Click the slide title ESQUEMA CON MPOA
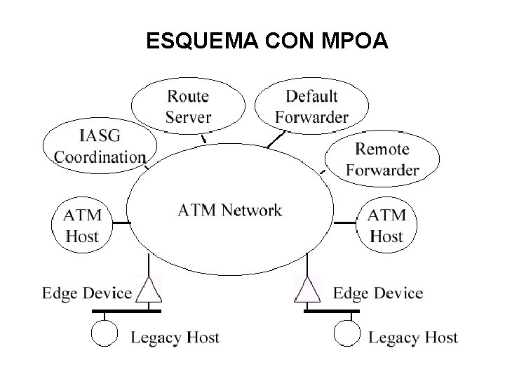point(267,42)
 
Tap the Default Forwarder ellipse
point(311,107)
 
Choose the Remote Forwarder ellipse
point(382,159)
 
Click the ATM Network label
point(229,211)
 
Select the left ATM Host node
point(83,225)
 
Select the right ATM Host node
point(386,225)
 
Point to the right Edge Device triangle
point(307,291)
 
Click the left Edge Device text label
point(87,293)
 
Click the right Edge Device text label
point(378,293)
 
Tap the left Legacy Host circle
point(106,333)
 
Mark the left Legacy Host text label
point(175,338)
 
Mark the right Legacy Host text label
point(413,338)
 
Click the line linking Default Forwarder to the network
point(277,138)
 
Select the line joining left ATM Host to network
point(121,223)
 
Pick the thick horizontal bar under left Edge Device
point(126,310)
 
